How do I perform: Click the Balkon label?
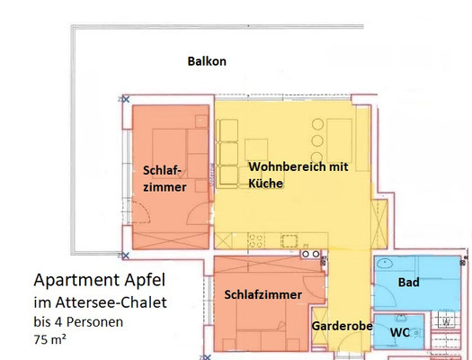[207, 61]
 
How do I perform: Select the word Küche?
[265, 184]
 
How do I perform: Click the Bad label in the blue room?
[408, 283]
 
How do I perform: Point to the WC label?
[400, 332]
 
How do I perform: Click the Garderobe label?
[342, 326]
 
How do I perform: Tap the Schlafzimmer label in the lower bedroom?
[263, 294]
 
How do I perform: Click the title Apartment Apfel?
[99, 280]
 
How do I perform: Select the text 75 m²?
[49, 339]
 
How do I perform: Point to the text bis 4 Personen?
[78, 322]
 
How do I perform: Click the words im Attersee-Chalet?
[100, 302]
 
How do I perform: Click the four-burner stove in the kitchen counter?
[256, 241]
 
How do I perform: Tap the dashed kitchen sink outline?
[289, 241]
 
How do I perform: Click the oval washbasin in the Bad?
[385, 264]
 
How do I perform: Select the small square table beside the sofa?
[256, 149]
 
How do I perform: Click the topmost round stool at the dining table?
[317, 124]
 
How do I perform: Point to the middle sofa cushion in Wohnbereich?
[228, 153]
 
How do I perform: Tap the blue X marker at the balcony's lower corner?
[126, 256]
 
